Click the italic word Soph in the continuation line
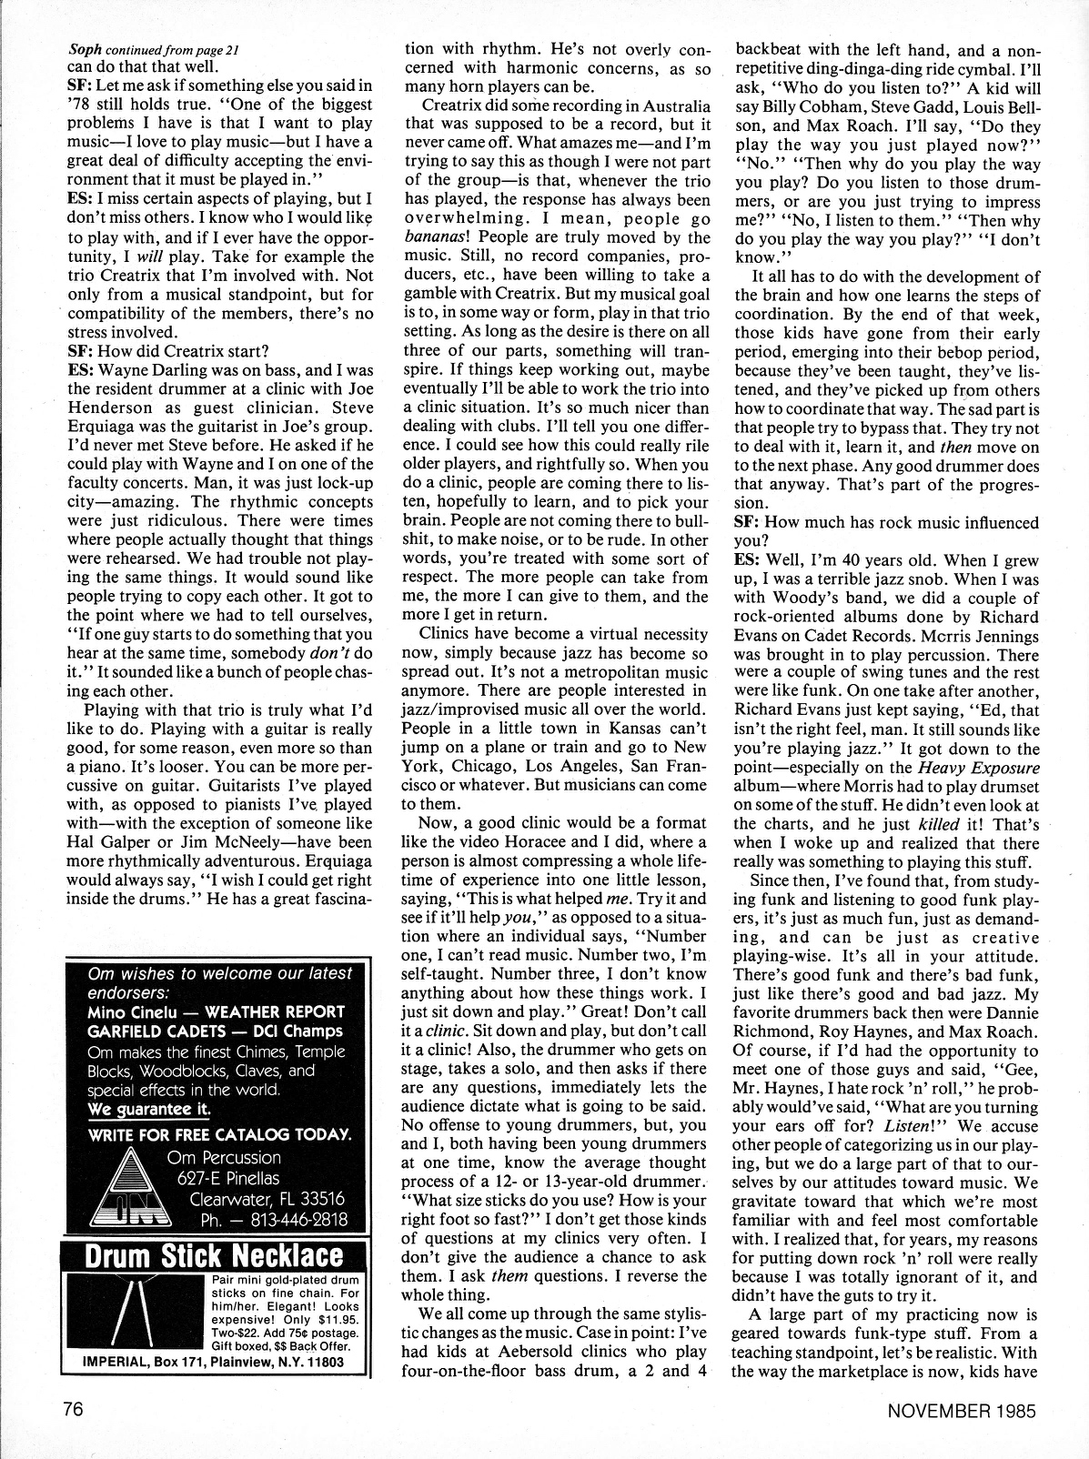pyautogui.click(x=85, y=51)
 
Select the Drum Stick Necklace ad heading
pyautogui.click(x=214, y=1256)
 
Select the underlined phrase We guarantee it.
pyautogui.click(x=149, y=1109)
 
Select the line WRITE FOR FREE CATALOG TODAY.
pyautogui.click(x=219, y=1133)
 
